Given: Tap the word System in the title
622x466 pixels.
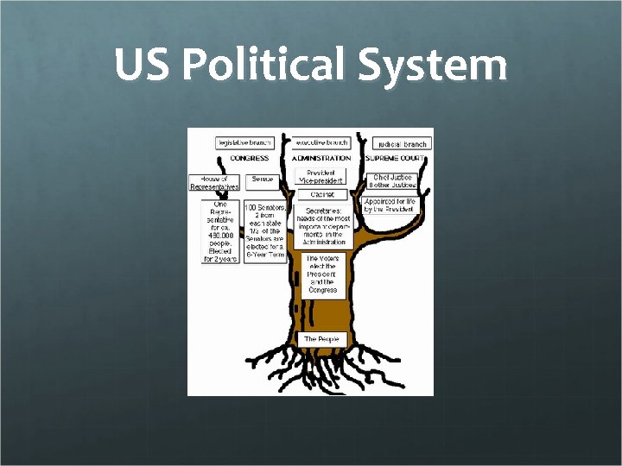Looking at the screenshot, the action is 433,66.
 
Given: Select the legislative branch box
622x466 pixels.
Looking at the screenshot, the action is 244,142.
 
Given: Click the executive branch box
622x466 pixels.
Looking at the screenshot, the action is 321,142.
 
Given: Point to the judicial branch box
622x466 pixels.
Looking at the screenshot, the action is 403,143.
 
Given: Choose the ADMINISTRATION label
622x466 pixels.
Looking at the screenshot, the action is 321,158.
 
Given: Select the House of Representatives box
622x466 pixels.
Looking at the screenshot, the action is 213,182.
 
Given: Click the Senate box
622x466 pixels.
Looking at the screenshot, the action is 263,180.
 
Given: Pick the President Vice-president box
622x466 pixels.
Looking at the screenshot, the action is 321,176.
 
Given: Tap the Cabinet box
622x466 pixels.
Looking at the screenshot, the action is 321,195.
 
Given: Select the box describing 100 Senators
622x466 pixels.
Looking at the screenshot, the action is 265,232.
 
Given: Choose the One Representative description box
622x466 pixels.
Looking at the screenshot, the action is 220,231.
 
